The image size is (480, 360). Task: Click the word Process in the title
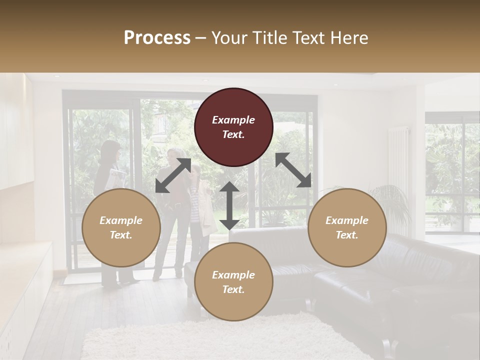157,38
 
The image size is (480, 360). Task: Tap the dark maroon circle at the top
233,127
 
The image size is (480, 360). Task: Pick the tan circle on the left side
121,227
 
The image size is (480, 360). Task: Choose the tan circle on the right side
347,227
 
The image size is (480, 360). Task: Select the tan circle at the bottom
233,282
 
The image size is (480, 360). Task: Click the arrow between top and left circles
173,175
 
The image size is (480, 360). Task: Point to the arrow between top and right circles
293,170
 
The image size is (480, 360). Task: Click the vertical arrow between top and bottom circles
229,205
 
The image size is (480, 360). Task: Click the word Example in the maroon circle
233,120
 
